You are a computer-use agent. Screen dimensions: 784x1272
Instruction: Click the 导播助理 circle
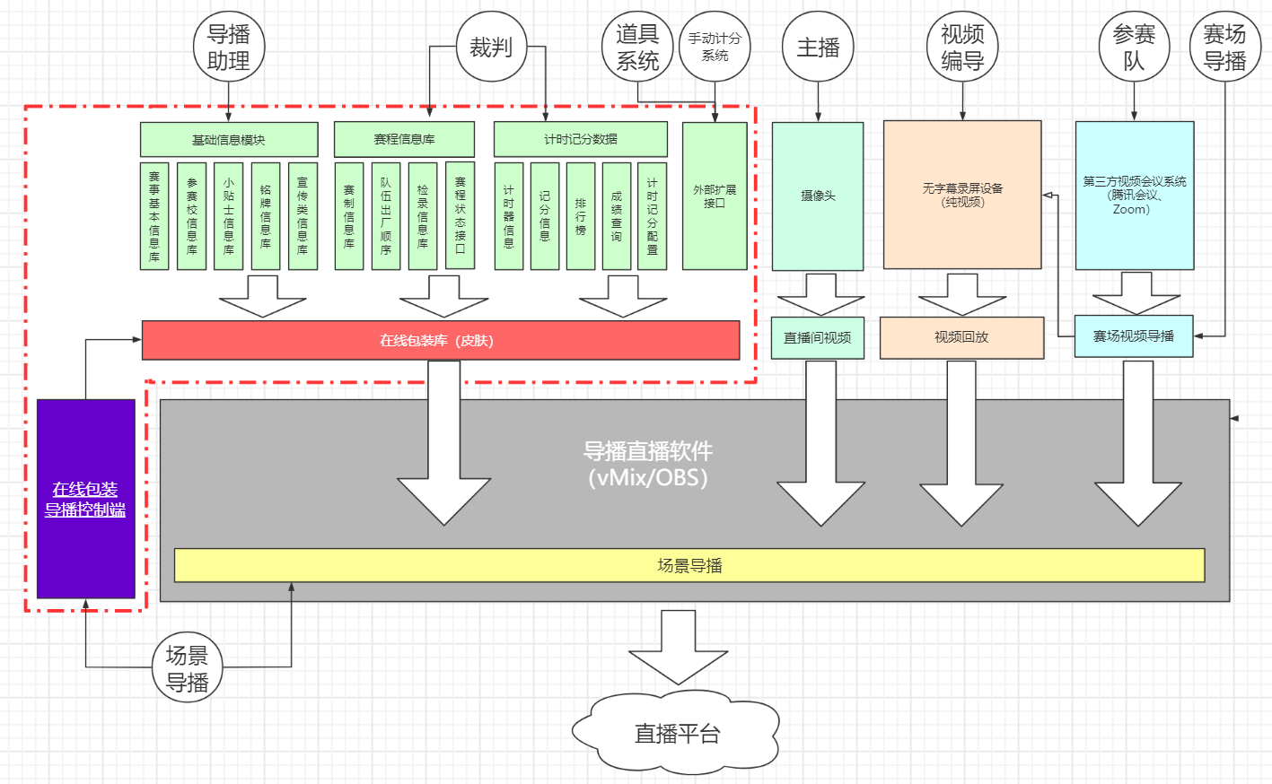[x=229, y=48]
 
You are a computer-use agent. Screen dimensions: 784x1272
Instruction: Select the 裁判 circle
[x=491, y=48]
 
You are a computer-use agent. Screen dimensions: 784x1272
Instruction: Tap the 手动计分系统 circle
[x=715, y=47]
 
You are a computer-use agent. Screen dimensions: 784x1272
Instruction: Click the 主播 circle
[x=818, y=48]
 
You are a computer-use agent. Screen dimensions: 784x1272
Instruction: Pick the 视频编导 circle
[x=962, y=48]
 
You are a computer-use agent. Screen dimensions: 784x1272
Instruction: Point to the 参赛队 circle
[x=1134, y=48]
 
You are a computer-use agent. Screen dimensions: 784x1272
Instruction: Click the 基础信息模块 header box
[x=229, y=140]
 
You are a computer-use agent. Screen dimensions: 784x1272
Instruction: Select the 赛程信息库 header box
[x=404, y=139]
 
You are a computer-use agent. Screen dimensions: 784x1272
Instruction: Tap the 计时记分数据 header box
[x=580, y=139]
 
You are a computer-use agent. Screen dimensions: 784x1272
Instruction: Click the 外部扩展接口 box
[x=715, y=196]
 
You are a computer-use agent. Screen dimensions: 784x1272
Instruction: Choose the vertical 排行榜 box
[x=581, y=216]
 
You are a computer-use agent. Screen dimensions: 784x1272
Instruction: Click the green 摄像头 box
[x=818, y=196]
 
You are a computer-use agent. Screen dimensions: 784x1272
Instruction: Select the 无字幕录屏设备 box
[x=962, y=195]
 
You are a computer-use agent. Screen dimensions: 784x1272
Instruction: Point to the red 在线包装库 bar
[x=440, y=341]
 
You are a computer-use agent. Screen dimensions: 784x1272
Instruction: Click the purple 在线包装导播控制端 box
[x=85, y=499]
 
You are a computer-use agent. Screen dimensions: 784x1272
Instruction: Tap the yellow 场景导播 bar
[x=689, y=565]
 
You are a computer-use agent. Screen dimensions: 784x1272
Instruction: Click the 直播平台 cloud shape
[x=676, y=733]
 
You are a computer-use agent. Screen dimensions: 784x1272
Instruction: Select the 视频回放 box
[x=961, y=337]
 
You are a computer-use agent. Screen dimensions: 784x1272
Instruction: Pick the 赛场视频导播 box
[x=1133, y=336]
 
